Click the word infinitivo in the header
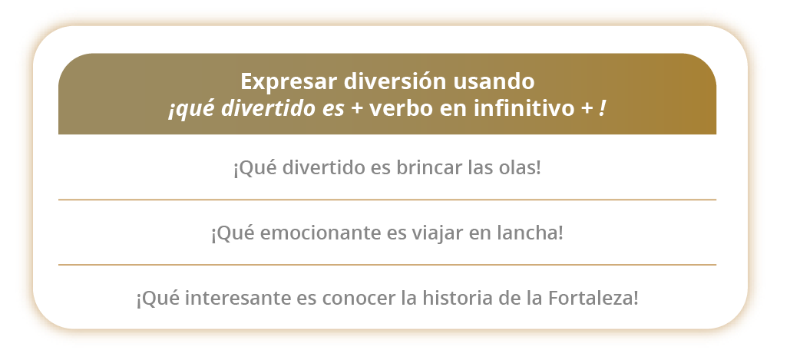tap(524, 108)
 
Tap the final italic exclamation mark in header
tap(602, 108)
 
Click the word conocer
tap(359, 299)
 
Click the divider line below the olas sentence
tap(387, 200)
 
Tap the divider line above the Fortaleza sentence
tap(387, 265)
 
